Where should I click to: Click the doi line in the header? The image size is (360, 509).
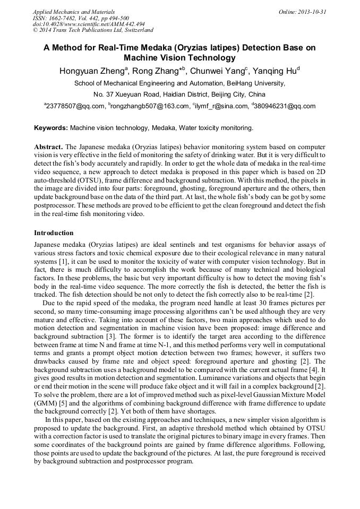(x=89, y=24)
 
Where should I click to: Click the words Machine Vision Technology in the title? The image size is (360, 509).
(x=179, y=58)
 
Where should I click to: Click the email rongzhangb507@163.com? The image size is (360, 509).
(x=150, y=106)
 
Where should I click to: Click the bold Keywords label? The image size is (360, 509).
(x=51, y=128)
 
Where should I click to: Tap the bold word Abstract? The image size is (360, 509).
(x=48, y=146)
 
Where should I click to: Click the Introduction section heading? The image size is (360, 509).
(x=54, y=233)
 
